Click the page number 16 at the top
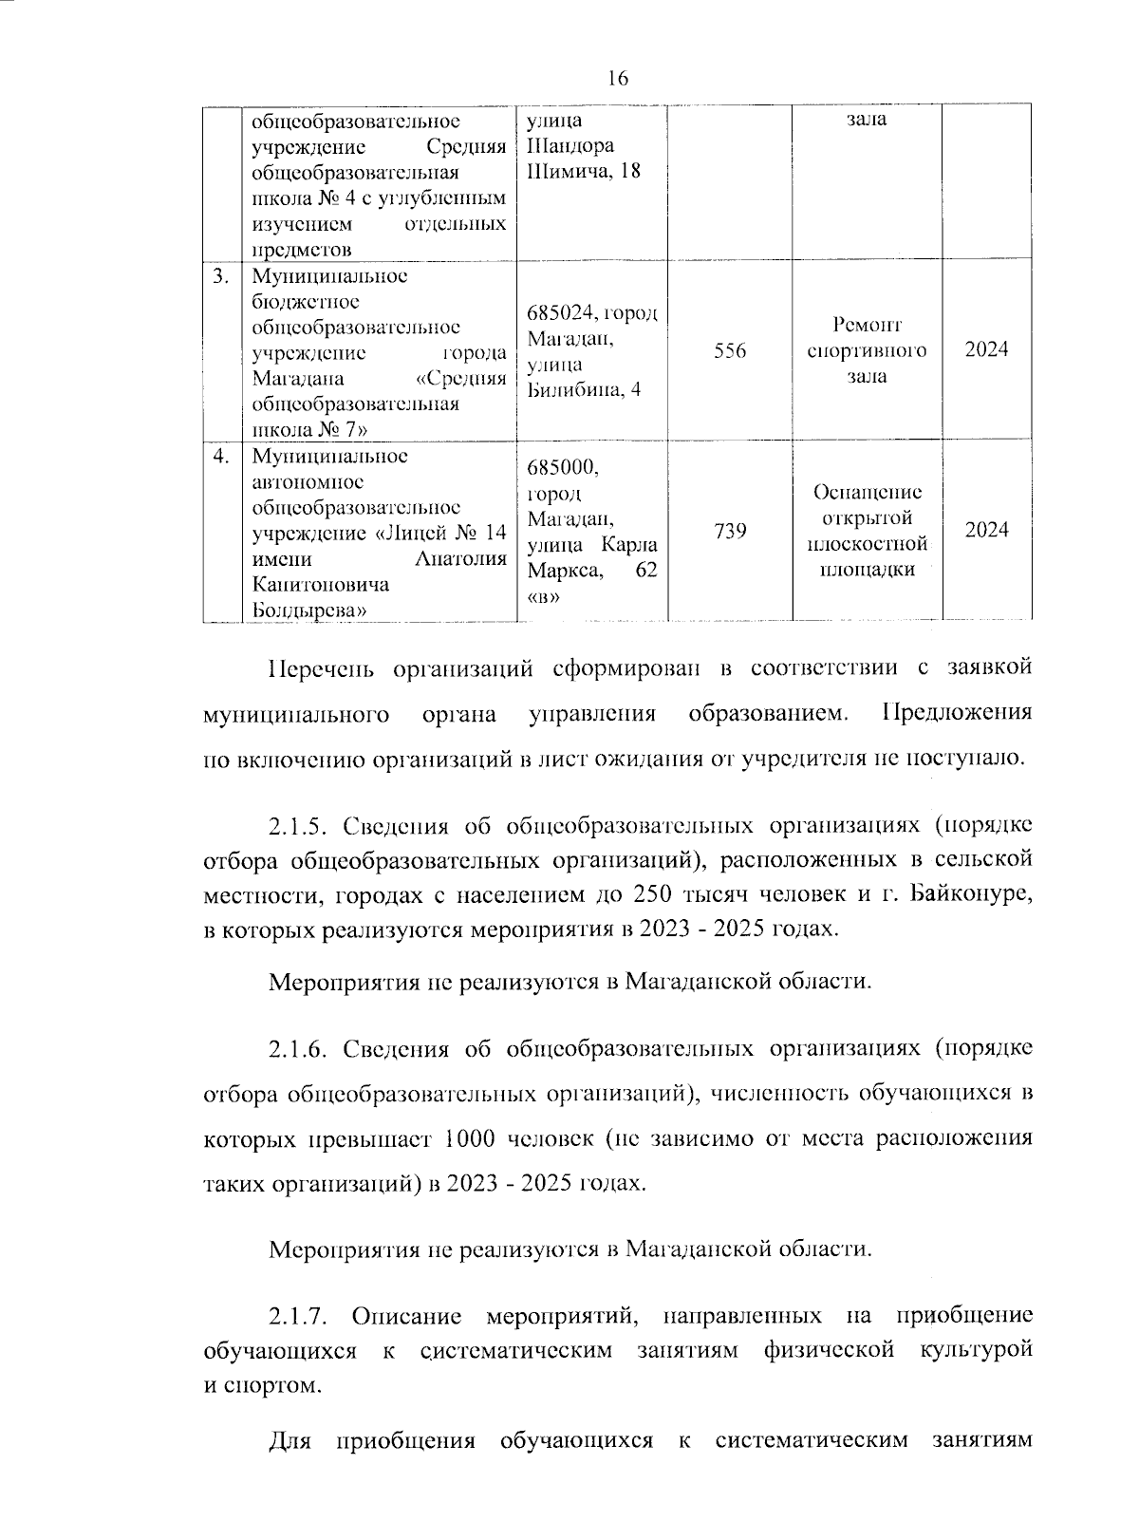pos(617,79)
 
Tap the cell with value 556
pos(730,350)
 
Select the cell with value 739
pos(730,531)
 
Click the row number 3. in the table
pos(220,276)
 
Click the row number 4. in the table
pos(220,457)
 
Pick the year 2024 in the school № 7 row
pos(986,350)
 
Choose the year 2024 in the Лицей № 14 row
pos(986,531)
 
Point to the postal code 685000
pos(562,468)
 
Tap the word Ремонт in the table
pos(867,325)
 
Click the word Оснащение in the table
pos(867,493)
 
